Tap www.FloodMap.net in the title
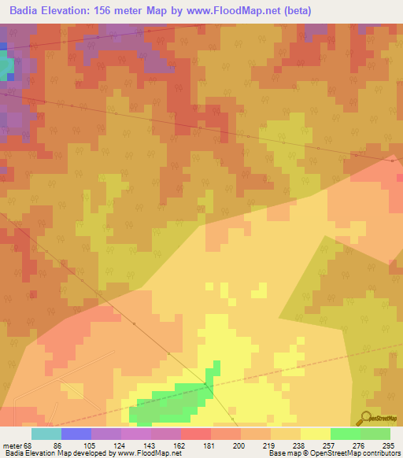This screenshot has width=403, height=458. pos(237,11)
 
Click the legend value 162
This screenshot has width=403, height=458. pos(167,445)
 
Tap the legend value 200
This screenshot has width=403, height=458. pos(227,445)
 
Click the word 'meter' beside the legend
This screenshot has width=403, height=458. pos(10,445)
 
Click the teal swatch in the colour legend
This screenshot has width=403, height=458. pos(46,434)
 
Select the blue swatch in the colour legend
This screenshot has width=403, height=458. pos(76,434)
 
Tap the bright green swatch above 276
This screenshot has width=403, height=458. pos(346,434)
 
